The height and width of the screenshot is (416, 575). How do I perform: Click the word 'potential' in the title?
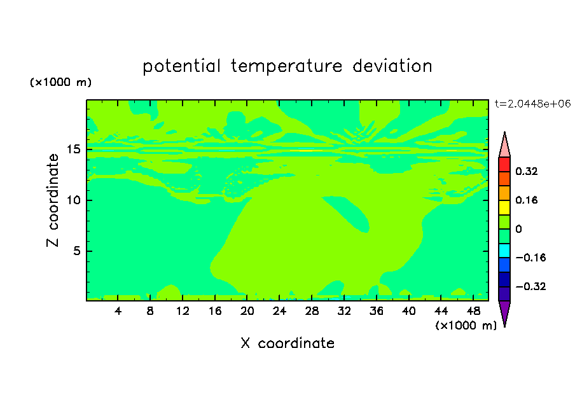click(x=181, y=67)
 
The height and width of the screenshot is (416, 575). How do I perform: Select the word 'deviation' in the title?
click(x=392, y=66)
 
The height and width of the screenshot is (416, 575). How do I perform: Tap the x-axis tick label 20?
click(x=247, y=311)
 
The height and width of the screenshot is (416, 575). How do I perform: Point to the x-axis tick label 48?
click(x=473, y=311)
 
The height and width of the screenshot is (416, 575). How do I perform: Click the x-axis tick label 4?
click(x=118, y=311)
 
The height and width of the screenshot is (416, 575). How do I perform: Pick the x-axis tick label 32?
click(x=344, y=311)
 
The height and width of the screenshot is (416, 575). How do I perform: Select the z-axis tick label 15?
click(x=73, y=149)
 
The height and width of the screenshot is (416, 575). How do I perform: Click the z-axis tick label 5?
click(x=76, y=251)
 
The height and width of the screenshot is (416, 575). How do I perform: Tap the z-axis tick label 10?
click(x=73, y=200)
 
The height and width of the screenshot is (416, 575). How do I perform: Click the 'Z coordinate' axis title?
click(x=53, y=200)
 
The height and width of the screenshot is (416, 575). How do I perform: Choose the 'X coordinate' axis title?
click(x=287, y=343)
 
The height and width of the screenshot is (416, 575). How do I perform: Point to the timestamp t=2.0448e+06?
click(x=532, y=104)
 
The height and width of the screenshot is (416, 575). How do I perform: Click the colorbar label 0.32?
click(x=526, y=171)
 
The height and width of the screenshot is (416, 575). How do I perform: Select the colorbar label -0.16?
click(x=530, y=258)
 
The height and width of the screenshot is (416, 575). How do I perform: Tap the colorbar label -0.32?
click(x=530, y=286)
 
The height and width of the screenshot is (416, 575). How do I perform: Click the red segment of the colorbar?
click(x=504, y=164)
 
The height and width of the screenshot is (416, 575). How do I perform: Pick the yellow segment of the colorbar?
click(x=504, y=207)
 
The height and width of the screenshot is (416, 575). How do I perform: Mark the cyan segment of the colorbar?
click(x=504, y=250)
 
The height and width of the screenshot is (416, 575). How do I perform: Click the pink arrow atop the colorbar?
click(x=504, y=146)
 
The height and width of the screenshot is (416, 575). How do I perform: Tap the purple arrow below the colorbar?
click(x=504, y=312)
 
